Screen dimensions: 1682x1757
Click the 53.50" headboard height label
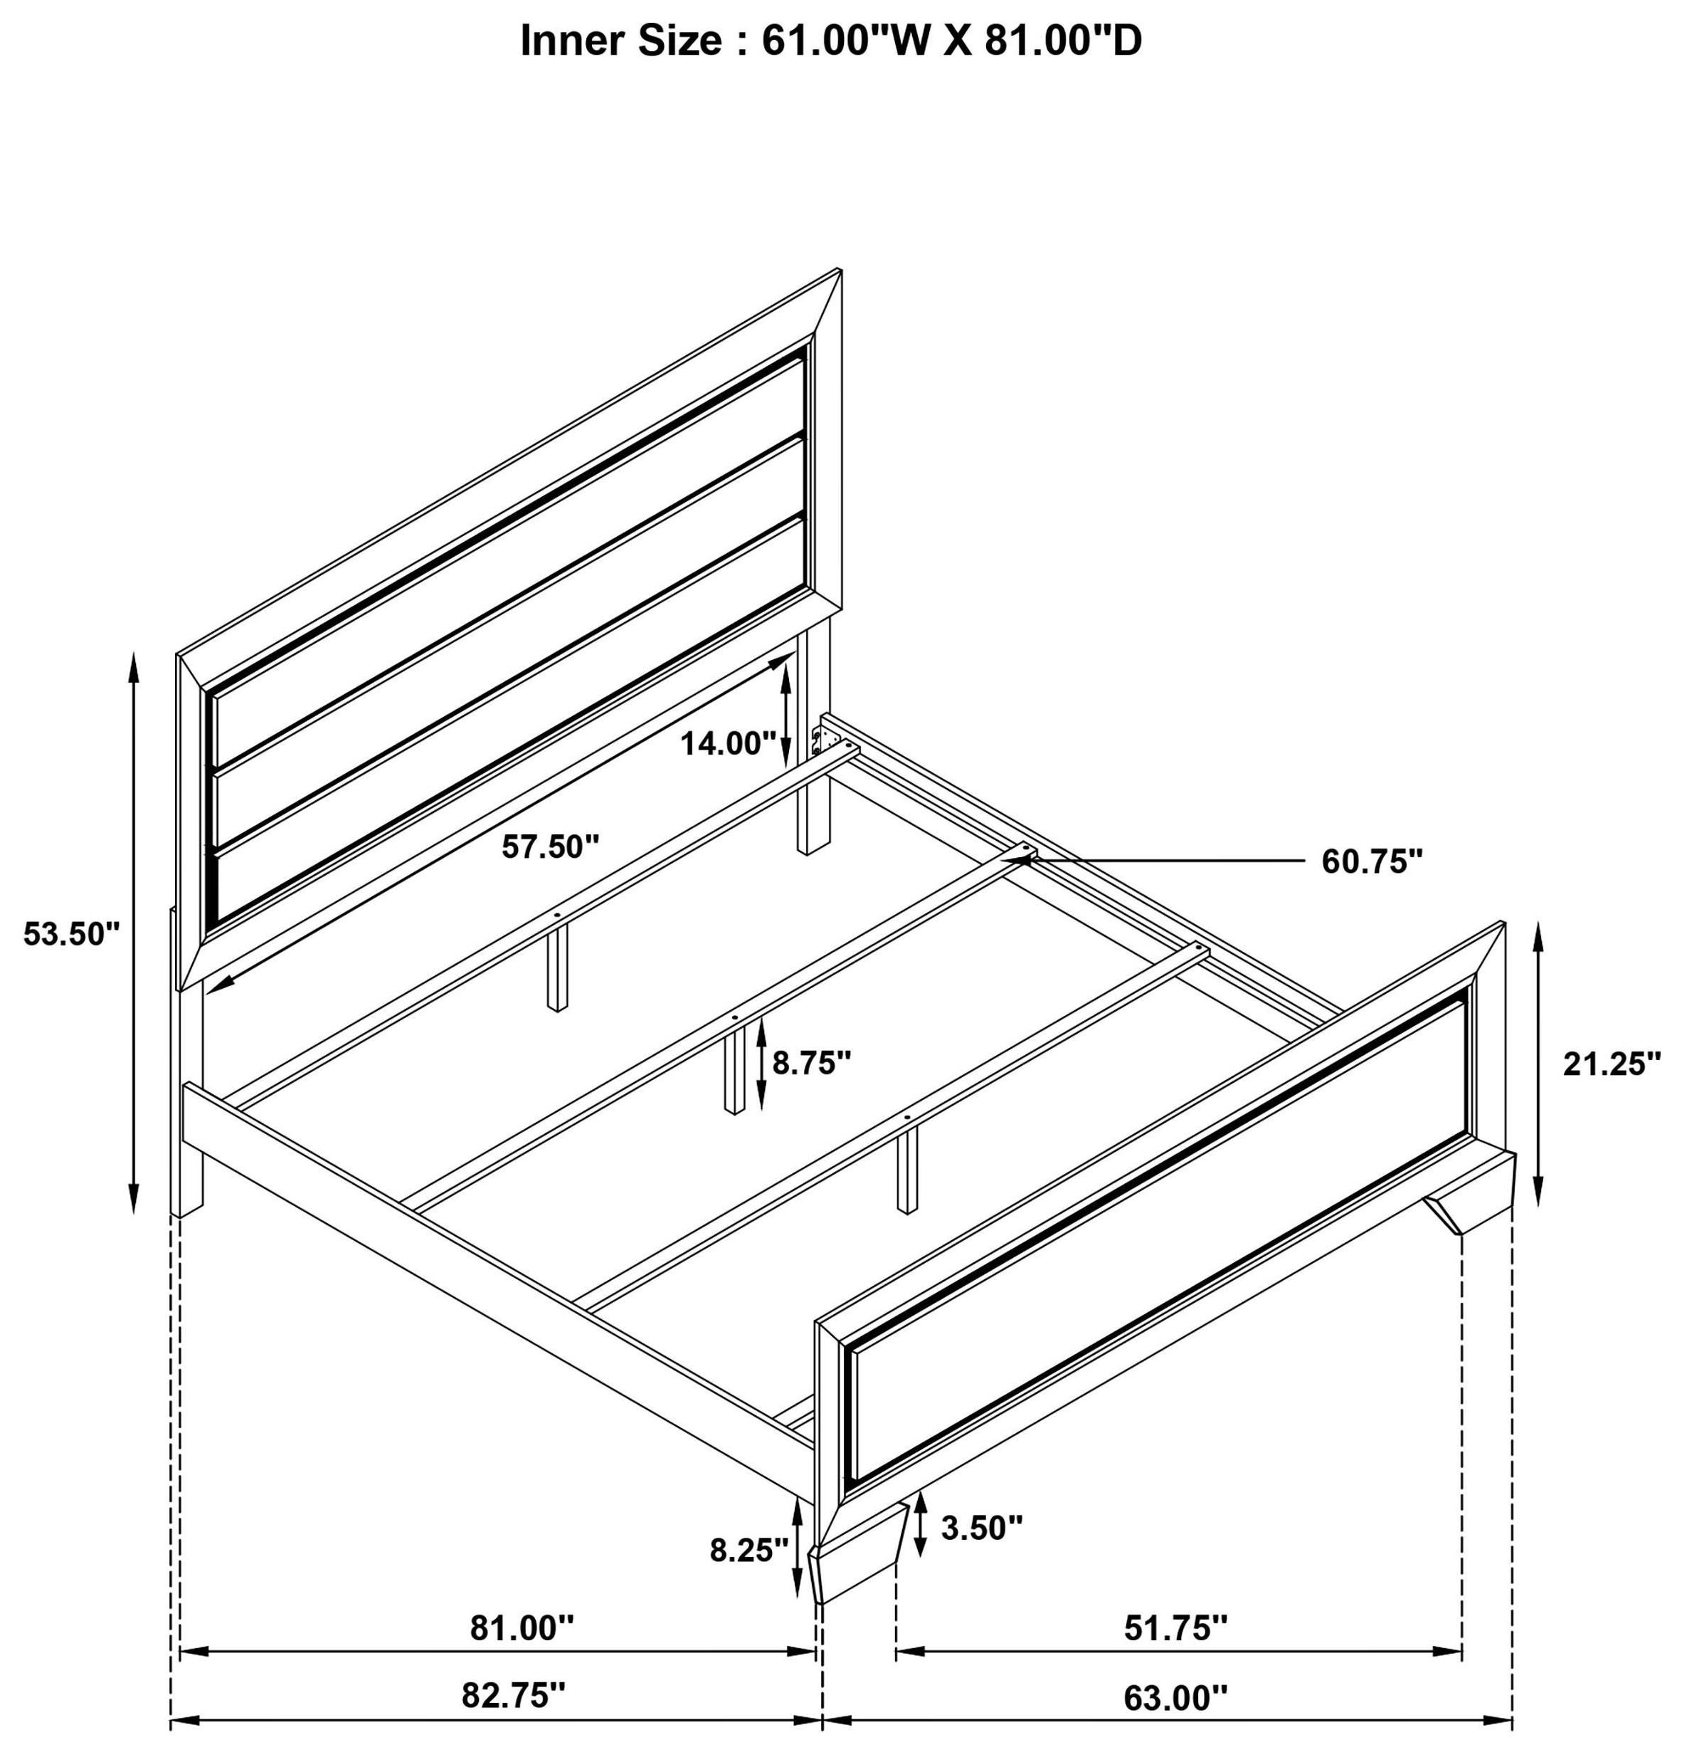(x=70, y=934)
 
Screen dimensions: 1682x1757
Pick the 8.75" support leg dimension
(x=811, y=1063)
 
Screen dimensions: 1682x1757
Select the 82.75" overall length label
(x=514, y=1695)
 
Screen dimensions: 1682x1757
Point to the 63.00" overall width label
(x=1175, y=1696)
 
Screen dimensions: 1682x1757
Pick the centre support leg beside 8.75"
(x=734, y=1071)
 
